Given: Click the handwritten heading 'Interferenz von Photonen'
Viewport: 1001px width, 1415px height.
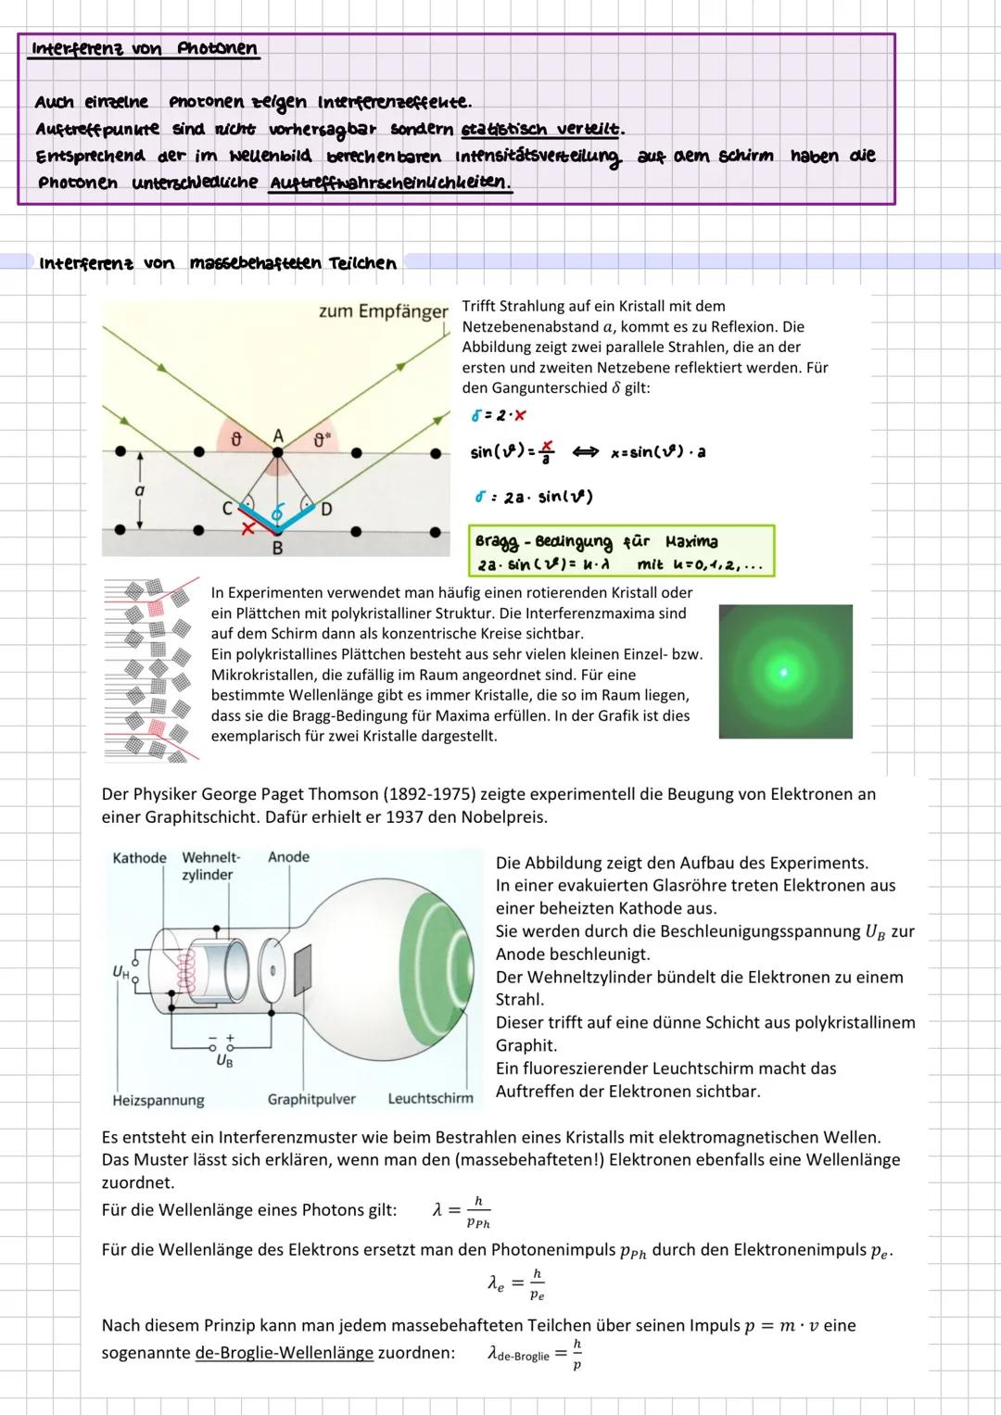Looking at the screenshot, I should pos(144,49).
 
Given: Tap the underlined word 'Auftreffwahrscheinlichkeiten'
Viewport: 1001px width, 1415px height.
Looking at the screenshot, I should pos(389,183).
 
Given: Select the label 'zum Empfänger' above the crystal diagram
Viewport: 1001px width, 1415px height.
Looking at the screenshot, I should pos(383,312).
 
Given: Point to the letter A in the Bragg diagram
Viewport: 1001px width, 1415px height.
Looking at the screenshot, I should pos(277,435).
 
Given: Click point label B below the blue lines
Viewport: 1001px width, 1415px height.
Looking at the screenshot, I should pos(276,548).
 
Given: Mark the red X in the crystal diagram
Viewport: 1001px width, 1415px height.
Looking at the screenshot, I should pos(247,527).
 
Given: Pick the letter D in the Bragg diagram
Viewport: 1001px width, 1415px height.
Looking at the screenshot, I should pos(326,509).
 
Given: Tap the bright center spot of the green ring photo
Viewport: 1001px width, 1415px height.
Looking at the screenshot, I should pos(784,671).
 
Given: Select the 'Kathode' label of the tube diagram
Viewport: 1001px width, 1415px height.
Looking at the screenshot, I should pos(139,858).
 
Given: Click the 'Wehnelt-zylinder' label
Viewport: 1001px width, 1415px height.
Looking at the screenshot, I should pos(210,866).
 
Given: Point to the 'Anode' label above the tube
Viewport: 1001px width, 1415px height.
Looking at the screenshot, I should pos(288,857).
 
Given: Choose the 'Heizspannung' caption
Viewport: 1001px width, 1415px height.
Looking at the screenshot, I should pos(158,1100).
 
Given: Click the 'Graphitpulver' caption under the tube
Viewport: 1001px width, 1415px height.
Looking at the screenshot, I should pos(311,1099).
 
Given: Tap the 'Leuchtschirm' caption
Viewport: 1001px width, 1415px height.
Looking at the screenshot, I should pos(430,1098).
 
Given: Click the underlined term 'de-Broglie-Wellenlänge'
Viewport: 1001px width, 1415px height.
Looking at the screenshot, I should pos(284,1352).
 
